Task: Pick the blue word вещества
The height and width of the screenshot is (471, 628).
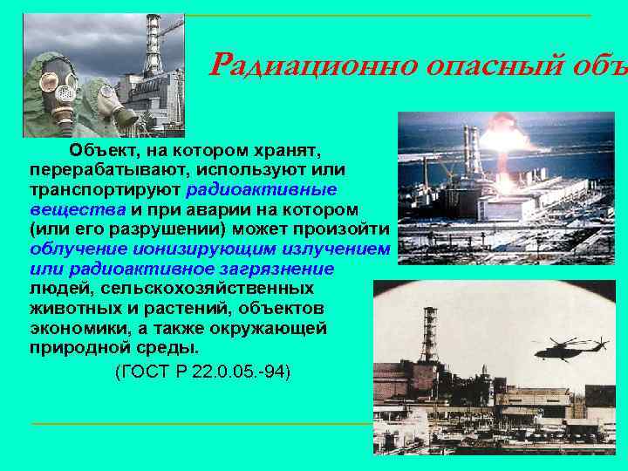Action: pyautogui.click(x=77, y=209)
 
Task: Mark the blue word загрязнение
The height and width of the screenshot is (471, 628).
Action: pyautogui.click(x=279, y=268)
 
